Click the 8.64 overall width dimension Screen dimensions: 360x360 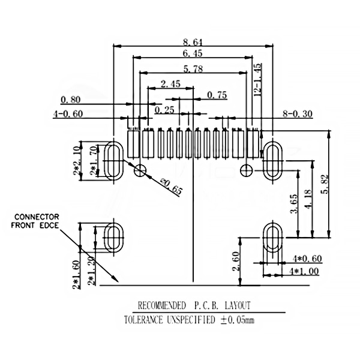tap(193, 41)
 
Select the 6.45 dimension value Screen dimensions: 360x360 tap(193, 54)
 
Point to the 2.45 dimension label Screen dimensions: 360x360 tap(170, 84)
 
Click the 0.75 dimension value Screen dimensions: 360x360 tap(217, 95)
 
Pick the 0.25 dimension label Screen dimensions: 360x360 tap(164, 110)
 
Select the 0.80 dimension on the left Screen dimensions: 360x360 tap(70, 99)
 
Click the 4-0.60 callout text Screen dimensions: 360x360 tap(68, 113)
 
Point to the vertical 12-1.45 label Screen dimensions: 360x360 tap(257, 80)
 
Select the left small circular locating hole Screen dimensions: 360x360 tap(140, 170)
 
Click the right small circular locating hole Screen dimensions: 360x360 tap(246, 170)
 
